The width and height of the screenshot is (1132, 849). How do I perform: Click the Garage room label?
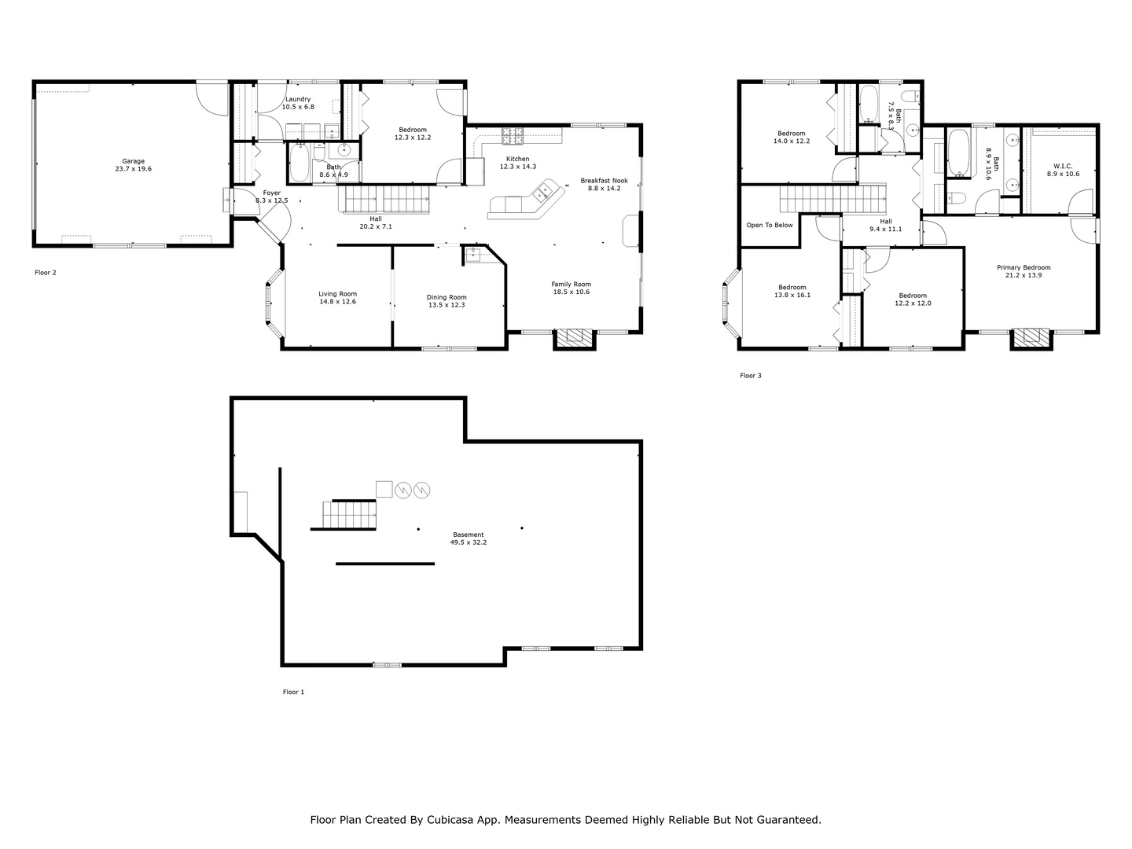pyautogui.click(x=133, y=161)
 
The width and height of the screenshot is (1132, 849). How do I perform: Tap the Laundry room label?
pyautogui.click(x=298, y=99)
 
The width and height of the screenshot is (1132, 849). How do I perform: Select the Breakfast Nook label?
pyautogui.click(x=604, y=181)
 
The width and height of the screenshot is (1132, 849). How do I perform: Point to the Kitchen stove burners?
pyautogui.click(x=512, y=135)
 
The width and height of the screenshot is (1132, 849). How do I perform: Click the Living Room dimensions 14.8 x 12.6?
pyautogui.click(x=337, y=302)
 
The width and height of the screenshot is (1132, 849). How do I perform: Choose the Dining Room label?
pyautogui.click(x=446, y=297)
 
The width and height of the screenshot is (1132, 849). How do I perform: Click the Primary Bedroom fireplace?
pyautogui.click(x=1031, y=339)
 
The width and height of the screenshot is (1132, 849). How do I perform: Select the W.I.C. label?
pyautogui.click(x=1062, y=166)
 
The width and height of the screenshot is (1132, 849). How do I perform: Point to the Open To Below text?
pyautogui.click(x=769, y=225)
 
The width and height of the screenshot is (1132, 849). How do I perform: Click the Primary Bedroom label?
pyautogui.click(x=1024, y=267)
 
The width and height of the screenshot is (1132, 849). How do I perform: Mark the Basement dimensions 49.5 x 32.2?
pyautogui.click(x=468, y=542)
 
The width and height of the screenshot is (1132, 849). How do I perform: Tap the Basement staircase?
pyautogui.click(x=349, y=514)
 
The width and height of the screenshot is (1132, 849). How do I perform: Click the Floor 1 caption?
pyautogui.click(x=293, y=692)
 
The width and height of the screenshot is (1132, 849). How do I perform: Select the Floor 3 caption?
pyautogui.click(x=751, y=375)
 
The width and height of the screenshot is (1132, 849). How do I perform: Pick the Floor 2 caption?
pyautogui.click(x=46, y=272)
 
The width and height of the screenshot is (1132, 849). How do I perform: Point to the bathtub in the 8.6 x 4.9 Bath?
pyautogui.click(x=300, y=163)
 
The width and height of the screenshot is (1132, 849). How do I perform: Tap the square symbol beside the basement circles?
pyautogui.click(x=384, y=489)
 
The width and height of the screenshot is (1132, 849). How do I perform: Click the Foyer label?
pyautogui.click(x=272, y=193)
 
